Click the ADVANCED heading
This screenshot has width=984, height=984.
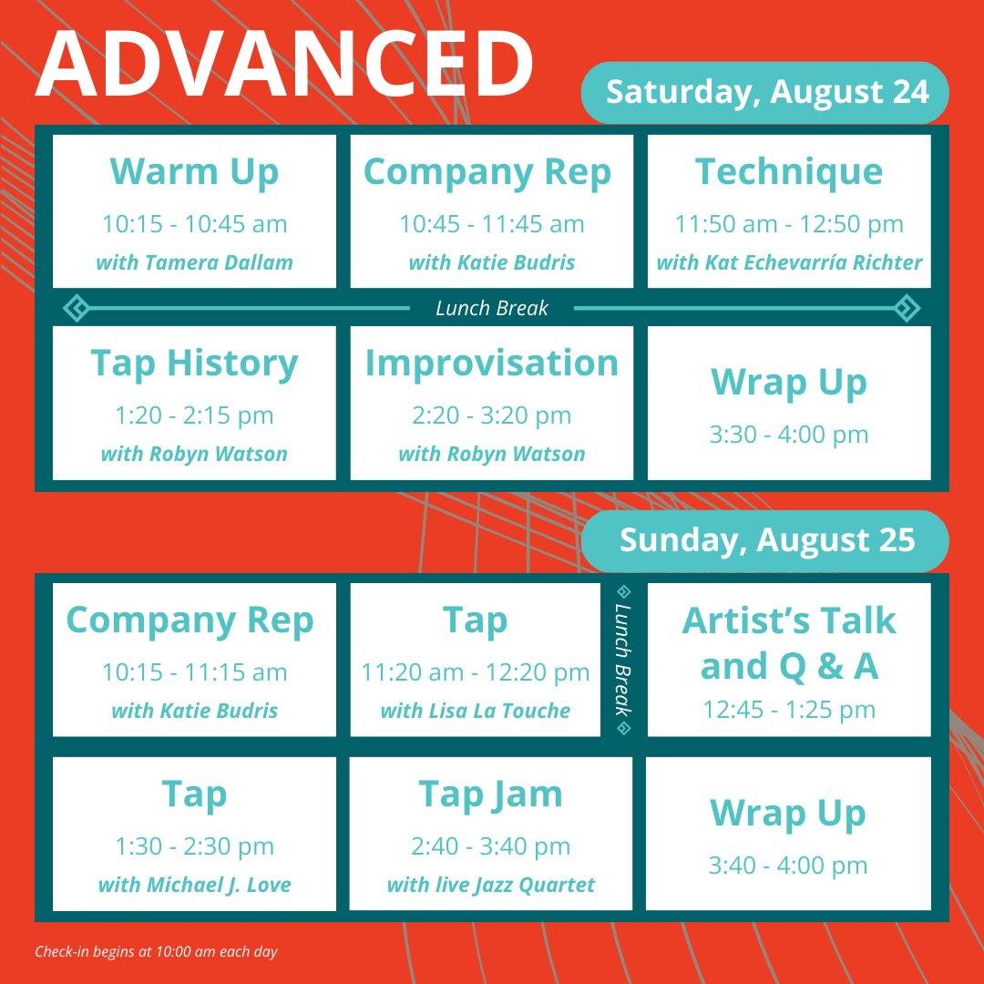pos(284,64)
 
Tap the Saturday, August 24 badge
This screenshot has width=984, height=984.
pos(766,92)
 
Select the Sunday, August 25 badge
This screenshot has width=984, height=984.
pos(766,539)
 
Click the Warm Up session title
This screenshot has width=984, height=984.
pos(194,171)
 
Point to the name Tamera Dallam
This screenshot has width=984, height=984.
pos(194,263)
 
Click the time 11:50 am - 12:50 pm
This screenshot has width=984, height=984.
pos(789,224)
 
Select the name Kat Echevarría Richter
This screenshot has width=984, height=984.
pos(789,263)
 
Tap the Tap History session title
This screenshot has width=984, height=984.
pos(194,363)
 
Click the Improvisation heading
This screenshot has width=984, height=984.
pos(491,363)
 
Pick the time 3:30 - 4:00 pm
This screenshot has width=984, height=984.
pos(789,435)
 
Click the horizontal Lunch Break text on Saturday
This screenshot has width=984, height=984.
pos(491,308)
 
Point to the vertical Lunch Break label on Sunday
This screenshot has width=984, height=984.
pos(624,661)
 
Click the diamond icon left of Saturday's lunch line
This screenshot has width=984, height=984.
pos(76,308)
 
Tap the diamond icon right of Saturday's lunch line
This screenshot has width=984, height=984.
pos(907,308)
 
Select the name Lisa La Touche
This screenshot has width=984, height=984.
pos(475,712)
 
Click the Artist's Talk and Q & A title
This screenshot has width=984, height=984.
pos(789,643)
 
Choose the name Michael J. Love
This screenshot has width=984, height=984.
pos(194,885)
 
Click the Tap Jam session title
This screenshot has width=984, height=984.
pos(491,794)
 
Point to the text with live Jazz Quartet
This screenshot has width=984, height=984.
pos(491,885)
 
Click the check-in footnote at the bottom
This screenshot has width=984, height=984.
pos(156,952)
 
